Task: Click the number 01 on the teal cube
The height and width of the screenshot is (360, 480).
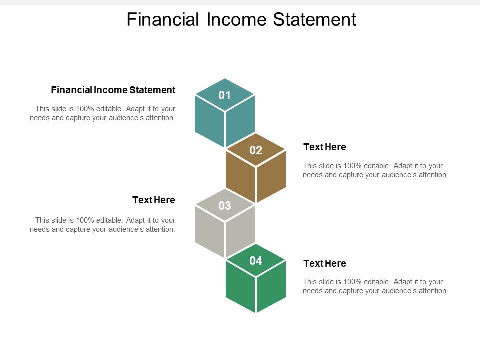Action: point(225,95)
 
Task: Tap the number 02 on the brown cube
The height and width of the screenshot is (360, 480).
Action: point(256,150)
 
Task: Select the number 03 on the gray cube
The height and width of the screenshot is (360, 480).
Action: point(225,205)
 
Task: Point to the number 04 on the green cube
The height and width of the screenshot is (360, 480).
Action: point(256,260)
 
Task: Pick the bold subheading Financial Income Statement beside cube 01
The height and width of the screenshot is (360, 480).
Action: point(113,90)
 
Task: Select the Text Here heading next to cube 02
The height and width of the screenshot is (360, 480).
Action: point(325,147)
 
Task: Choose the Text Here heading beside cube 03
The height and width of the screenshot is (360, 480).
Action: point(154,200)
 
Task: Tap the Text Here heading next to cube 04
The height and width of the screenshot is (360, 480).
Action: point(325,263)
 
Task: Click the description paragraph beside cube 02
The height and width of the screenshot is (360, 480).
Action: point(375,170)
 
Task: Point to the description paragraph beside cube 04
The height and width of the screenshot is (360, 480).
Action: point(375,286)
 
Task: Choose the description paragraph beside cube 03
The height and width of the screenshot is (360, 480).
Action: point(103,225)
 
